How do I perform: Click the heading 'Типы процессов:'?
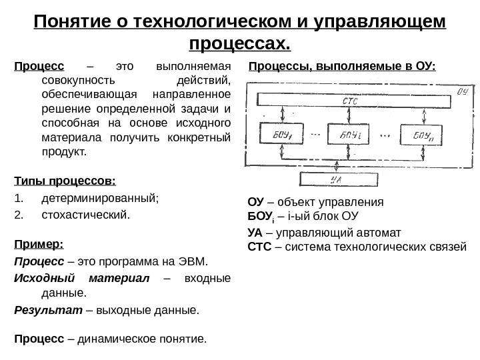coord(65,181)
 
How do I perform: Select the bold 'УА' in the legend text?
coord(255,233)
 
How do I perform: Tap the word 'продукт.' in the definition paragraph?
coord(64,151)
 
